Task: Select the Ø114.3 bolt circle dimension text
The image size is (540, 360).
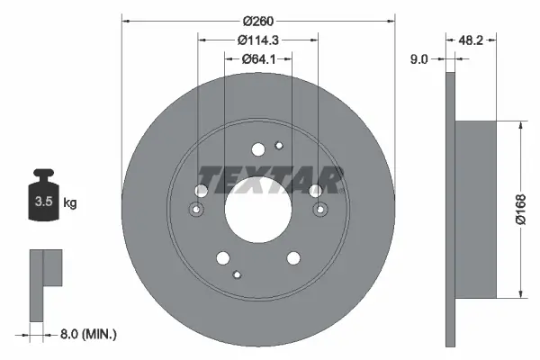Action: click(x=256, y=39)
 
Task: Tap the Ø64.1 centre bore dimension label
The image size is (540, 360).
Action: click(x=257, y=59)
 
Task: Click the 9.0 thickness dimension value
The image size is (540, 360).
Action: click(x=419, y=59)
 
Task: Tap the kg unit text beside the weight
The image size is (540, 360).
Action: click(x=70, y=203)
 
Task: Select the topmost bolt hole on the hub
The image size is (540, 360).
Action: click(x=258, y=150)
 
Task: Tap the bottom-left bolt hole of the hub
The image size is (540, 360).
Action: click(x=222, y=256)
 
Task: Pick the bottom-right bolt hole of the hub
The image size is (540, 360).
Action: click(x=293, y=257)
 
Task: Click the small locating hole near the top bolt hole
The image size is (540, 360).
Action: click(x=279, y=146)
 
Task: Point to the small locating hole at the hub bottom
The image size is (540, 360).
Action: click(x=237, y=274)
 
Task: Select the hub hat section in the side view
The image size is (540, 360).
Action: click(x=478, y=209)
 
